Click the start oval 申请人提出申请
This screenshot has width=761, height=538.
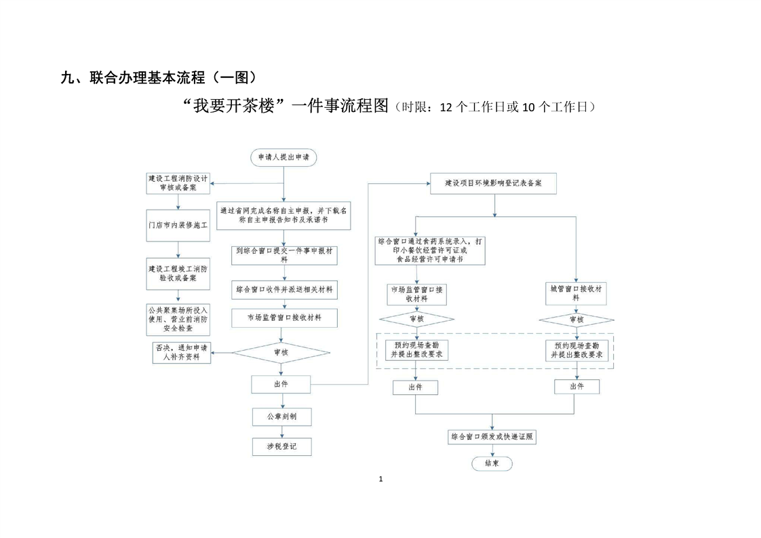point(283,157)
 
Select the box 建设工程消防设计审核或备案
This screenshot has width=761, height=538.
point(178,183)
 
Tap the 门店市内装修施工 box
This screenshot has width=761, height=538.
point(178,224)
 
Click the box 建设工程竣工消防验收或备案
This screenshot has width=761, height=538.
point(178,273)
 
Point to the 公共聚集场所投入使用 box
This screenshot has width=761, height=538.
point(178,320)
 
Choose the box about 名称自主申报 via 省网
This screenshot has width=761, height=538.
point(284,215)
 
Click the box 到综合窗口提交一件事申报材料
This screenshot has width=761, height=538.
point(284,254)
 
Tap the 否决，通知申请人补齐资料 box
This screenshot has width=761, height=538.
point(181,352)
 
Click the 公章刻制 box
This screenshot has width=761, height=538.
point(283,415)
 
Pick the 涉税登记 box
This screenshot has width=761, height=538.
point(283,446)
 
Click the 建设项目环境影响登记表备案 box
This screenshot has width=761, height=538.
point(494,184)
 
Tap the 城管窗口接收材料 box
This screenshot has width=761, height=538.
point(577,292)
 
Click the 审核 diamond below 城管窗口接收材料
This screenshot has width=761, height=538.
point(577,320)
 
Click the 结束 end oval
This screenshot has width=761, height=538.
point(492,463)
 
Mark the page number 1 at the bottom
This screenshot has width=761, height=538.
point(380,479)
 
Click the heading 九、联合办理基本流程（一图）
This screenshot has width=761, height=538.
point(159,77)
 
